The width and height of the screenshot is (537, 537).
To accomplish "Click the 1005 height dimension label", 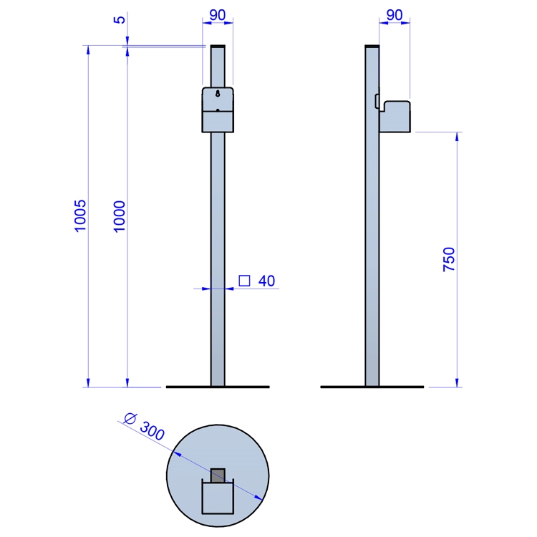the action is click(80, 216).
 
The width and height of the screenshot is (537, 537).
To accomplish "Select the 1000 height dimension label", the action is click(120, 217).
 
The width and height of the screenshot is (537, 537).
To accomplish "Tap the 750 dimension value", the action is click(449, 260).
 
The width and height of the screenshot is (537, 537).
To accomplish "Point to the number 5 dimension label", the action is click(119, 19).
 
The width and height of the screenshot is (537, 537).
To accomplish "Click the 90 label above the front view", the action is click(218, 15).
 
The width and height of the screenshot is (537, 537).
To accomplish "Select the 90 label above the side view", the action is click(395, 15).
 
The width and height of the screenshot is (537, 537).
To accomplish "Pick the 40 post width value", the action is click(266, 281).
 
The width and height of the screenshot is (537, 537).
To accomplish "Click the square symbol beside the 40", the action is click(244, 281).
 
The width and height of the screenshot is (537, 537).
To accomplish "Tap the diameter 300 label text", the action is click(145, 427).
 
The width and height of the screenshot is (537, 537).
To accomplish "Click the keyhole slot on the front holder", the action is click(218, 93).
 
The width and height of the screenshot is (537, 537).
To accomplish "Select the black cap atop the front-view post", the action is click(218, 47).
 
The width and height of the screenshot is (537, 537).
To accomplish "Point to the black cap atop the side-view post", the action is click(372, 47).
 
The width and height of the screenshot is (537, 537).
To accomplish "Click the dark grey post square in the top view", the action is click(218, 475).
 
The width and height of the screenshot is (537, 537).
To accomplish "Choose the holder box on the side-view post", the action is click(395, 117).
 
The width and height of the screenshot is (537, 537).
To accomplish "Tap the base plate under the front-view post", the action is click(218, 387).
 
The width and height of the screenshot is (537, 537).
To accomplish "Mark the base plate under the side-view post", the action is click(372, 387).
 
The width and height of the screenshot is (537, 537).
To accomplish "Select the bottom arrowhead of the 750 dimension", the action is click(457, 382).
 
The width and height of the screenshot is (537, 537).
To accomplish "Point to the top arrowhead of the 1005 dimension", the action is click(88, 50).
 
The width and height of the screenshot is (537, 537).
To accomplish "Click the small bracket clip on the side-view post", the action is click(377, 102).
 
